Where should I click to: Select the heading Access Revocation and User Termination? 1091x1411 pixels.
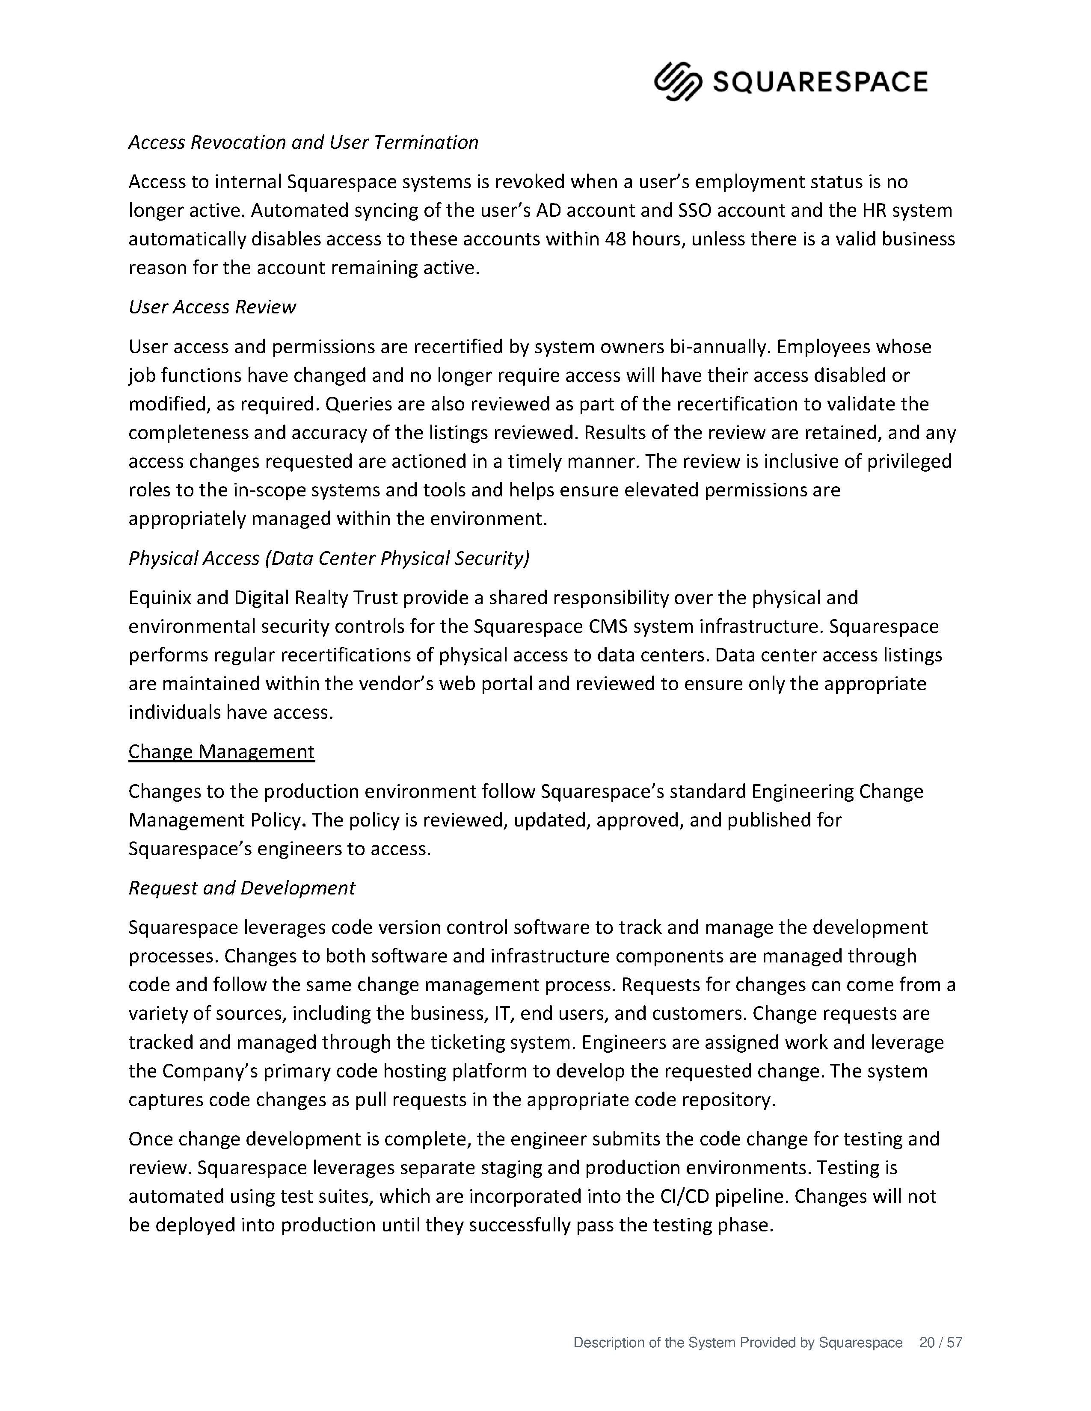303,142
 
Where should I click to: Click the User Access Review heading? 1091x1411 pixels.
212,307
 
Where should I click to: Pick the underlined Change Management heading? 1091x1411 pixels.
221,751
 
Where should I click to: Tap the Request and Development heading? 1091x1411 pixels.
242,888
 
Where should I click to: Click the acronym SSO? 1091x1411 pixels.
695,211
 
